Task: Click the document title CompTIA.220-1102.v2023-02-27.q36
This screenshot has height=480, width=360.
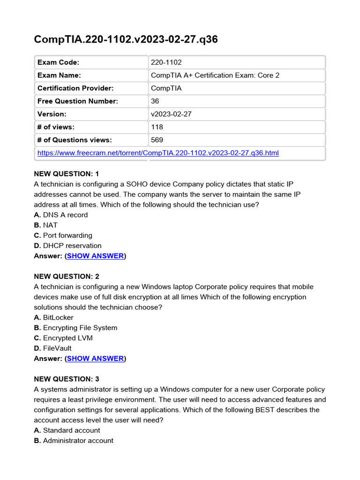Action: click(x=126, y=39)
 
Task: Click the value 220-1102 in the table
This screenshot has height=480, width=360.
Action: click(x=166, y=62)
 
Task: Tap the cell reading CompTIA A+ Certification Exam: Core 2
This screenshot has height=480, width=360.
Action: click(x=215, y=75)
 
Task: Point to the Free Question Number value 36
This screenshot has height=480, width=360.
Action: click(x=155, y=101)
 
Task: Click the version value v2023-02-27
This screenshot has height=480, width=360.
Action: click(x=171, y=114)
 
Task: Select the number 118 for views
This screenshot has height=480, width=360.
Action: click(x=157, y=127)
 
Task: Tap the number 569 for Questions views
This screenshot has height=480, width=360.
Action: click(x=157, y=140)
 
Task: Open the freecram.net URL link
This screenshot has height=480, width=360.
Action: click(x=157, y=153)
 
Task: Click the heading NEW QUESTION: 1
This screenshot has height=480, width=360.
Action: click(x=67, y=174)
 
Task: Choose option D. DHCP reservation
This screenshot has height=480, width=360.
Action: click(x=67, y=246)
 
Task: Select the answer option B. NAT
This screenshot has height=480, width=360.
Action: click(x=46, y=225)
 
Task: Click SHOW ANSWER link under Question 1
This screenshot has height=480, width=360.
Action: click(x=95, y=256)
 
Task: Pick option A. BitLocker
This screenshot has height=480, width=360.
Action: click(x=53, y=317)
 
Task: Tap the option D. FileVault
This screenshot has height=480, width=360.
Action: click(x=52, y=348)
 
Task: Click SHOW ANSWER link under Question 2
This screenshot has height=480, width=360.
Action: click(x=95, y=359)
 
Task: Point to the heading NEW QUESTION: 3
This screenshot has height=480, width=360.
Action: click(x=67, y=379)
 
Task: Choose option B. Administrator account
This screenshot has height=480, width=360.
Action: click(x=74, y=441)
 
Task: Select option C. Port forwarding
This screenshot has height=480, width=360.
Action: click(x=63, y=235)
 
